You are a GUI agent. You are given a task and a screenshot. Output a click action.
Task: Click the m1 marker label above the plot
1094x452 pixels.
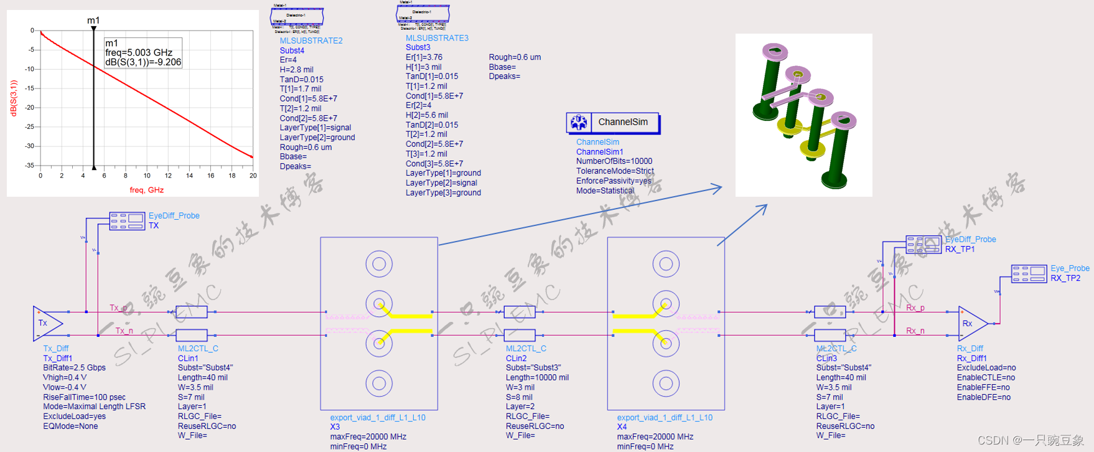tap(93, 21)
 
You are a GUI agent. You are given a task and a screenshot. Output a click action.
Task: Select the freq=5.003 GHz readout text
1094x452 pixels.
tap(138, 53)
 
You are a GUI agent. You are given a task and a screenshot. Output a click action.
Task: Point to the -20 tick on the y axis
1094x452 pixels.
tap(30, 108)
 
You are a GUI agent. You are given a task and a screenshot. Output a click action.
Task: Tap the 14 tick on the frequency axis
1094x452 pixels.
tap(189, 176)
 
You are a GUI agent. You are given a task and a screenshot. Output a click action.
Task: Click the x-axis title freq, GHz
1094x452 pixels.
tap(146, 190)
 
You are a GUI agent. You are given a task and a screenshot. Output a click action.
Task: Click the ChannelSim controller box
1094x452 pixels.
tap(613, 123)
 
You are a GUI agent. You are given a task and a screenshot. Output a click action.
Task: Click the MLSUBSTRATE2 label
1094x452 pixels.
tap(311, 40)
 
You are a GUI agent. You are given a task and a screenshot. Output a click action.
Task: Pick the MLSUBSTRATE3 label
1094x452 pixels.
tap(437, 38)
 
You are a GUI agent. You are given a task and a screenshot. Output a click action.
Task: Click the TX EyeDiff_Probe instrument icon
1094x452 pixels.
tap(127, 221)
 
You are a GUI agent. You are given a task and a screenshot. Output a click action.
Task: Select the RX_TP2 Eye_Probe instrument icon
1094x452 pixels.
tap(1029, 273)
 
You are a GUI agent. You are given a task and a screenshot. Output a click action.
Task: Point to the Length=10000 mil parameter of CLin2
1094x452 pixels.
tap(537, 377)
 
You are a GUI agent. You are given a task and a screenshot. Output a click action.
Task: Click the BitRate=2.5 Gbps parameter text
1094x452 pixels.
tap(74, 367)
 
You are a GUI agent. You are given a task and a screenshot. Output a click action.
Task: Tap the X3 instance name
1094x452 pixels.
tap(335, 427)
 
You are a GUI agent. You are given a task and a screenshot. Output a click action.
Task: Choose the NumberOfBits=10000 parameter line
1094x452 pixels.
tap(614, 161)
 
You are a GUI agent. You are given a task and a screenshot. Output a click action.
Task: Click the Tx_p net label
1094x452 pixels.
tap(118, 308)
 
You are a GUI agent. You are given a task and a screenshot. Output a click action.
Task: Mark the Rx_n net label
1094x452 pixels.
tap(915, 331)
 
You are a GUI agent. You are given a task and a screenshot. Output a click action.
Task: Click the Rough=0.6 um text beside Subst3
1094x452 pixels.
tap(515, 57)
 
